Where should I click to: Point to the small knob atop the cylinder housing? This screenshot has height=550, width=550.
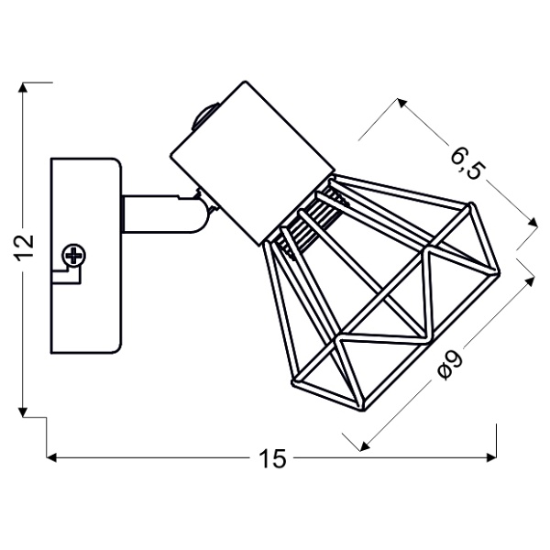[x=204, y=117]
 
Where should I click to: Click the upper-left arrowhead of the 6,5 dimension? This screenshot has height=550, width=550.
[x=400, y=101]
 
